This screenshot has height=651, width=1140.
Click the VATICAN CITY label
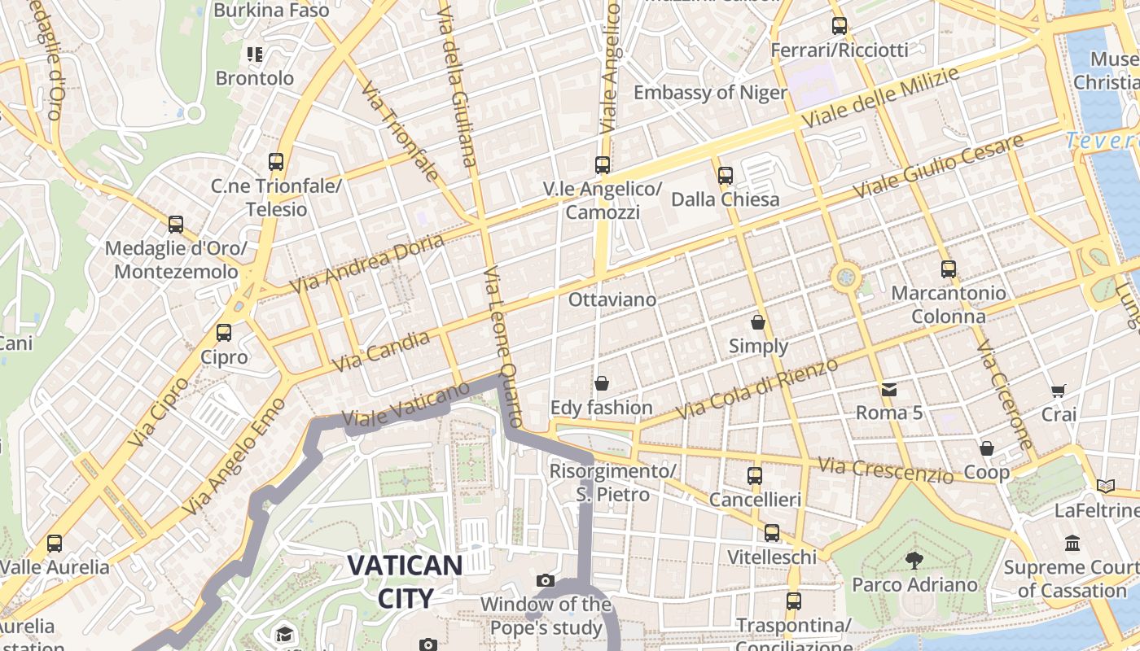coord(406,581)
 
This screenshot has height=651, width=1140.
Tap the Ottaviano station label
coord(612,299)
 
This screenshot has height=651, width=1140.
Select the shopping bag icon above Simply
coord(758,322)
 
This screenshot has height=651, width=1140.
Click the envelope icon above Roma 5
coord(889,390)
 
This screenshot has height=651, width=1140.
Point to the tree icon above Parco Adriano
coord(914,560)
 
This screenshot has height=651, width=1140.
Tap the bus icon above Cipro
coord(224,332)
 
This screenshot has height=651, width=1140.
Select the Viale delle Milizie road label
coord(881,97)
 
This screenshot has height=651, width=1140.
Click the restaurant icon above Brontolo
coord(255,55)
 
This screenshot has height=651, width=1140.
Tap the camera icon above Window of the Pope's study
coord(546,581)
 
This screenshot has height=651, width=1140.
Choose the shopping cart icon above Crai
coord(1058,391)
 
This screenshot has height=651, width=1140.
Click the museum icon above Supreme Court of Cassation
coord(1072,543)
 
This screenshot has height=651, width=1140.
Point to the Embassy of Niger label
coord(710,93)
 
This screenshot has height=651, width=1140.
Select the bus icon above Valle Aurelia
coord(55,543)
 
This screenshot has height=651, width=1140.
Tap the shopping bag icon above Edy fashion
coord(602,383)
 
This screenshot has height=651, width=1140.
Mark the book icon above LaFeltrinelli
coord(1105,487)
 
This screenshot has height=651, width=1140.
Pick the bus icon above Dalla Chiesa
coord(726,175)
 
